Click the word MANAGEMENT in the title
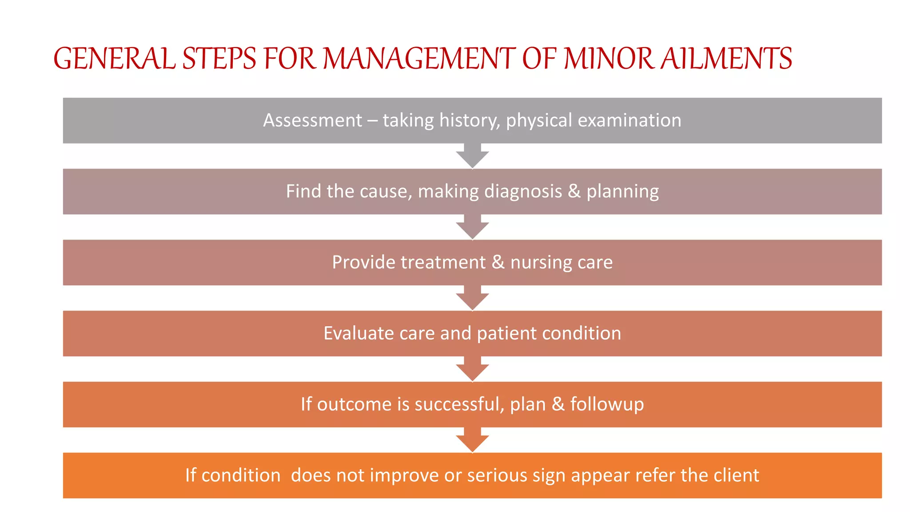click(419, 59)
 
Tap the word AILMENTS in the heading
click(726, 59)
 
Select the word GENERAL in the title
click(114, 59)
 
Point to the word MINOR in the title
click(609, 59)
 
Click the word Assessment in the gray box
click(312, 120)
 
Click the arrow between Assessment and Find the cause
click(472, 156)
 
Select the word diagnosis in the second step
click(523, 192)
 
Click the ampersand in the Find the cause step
click(574, 192)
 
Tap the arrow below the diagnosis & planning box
click(472, 227)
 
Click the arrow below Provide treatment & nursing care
click(472, 298)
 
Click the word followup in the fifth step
click(607, 404)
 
